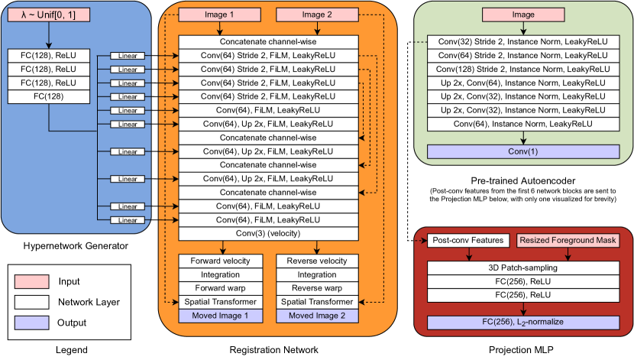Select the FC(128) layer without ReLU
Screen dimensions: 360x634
pyautogui.click(x=48, y=96)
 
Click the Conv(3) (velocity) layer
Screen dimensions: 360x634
pyautogui.click(x=269, y=233)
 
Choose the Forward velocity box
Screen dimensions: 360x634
pyautogui.click(x=221, y=261)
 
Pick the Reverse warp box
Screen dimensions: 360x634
pyautogui.click(x=316, y=288)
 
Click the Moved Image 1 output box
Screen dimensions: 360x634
pyautogui.click(x=221, y=316)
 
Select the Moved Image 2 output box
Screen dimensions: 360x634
pyautogui.click(x=316, y=316)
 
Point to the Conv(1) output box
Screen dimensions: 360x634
pyautogui.click(x=523, y=151)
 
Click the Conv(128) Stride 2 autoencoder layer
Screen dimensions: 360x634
pyautogui.click(x=523, y=69)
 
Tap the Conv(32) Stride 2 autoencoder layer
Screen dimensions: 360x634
pyautogui.click(x=523, y=41)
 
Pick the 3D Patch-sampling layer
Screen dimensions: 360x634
pyautogui.click(x=523, y=268)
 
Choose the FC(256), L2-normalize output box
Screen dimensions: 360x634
pyautogui.click(x=523, y=323)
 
